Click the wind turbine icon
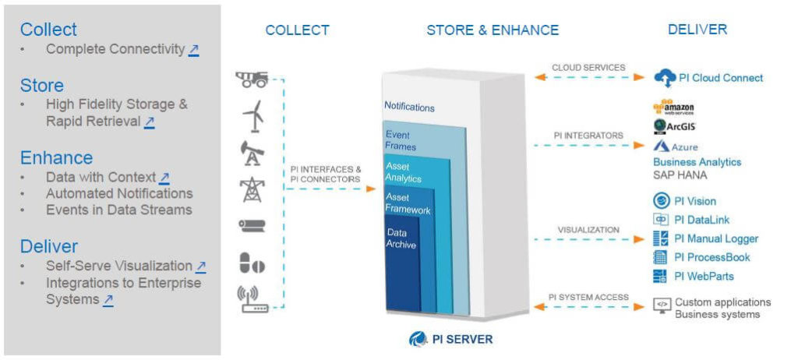point(253,116)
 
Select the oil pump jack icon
point(252,154)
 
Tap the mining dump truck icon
point(252,79)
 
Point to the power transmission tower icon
point(252,189)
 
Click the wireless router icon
point(251,299)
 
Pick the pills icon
point(252,263)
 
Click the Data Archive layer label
point(401,238)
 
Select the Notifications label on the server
point(409,107)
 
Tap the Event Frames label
point(401,141)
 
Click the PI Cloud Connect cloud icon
point(665,78)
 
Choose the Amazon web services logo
point(673,108)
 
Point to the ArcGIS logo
point(674,126)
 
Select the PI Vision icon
point(661,201)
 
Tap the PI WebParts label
point(704,276)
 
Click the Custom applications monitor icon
point(662,305)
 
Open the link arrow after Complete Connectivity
point(193,49)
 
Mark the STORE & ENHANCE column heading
point(493,30)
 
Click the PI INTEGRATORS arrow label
point(588,136)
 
